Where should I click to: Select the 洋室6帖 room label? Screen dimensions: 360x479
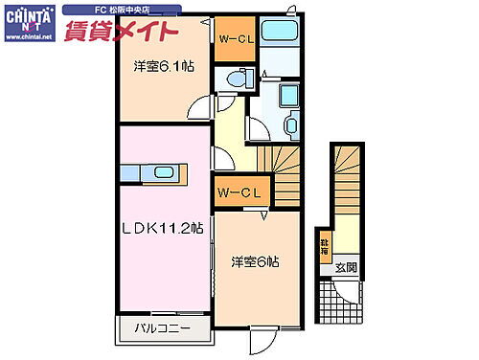(255, 260)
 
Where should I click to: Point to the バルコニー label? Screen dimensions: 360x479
(154, 330)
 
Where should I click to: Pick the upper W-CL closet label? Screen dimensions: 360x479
(233, 39)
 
